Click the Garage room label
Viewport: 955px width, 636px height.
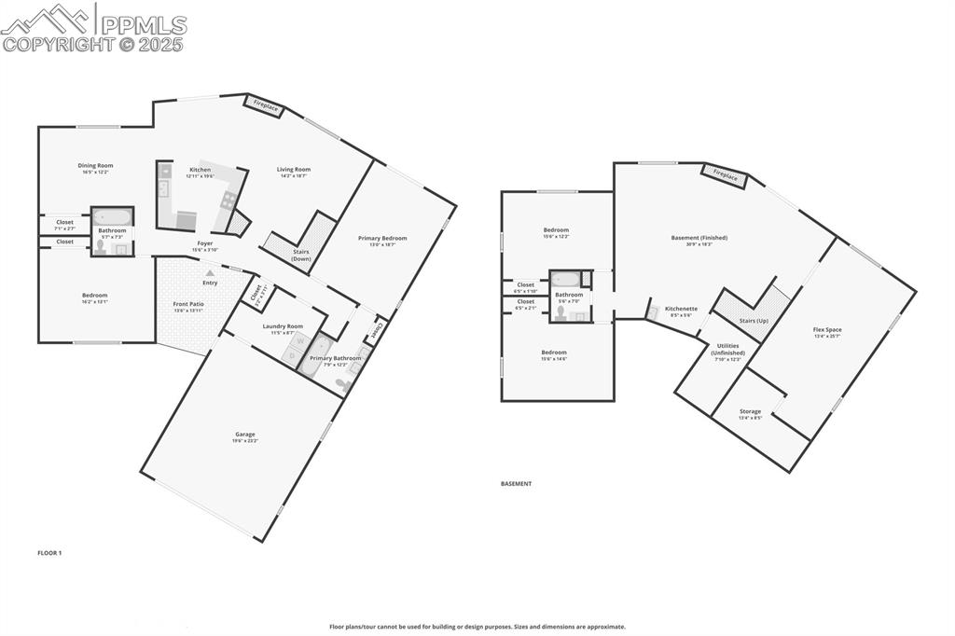point(245,436)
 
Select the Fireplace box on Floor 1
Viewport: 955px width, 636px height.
point(266,106)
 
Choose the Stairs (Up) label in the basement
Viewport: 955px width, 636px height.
point(754,320)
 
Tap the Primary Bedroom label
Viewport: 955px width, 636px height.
point(382,240)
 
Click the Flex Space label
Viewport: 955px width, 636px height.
point(827,330)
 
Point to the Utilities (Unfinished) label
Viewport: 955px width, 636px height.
point(727,350)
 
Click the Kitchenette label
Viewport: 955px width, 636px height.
point(681,310)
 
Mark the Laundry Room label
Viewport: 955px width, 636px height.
point(282,327)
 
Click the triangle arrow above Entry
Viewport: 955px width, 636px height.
point(210,272)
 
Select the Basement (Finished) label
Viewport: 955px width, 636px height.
point(699,239)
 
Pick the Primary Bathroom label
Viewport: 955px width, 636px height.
point(336,359)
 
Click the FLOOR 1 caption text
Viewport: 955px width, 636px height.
point(49,553)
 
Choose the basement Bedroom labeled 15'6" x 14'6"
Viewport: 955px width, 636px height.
point(554,353)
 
